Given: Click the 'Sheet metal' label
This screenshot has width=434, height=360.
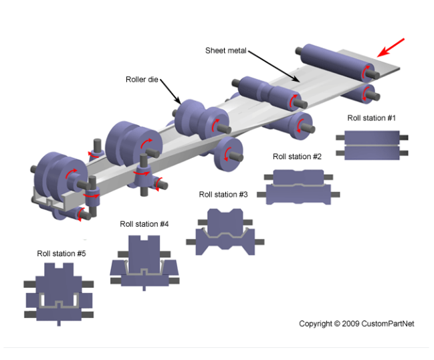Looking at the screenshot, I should tap(227, 51).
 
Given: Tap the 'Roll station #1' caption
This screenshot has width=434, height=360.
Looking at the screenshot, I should tap(371, 118).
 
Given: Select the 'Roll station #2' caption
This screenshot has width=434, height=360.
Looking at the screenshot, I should tap(297, 157).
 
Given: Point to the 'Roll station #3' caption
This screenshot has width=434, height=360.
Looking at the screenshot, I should tap(223, 194).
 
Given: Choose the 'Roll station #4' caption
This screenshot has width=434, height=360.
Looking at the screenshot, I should tap(144, 224).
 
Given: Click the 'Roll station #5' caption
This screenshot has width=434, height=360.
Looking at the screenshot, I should tap(61, 254).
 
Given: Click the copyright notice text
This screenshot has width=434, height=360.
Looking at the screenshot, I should tap(356, 324).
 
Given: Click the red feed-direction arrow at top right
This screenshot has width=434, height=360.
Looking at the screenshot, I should tap(391, 48).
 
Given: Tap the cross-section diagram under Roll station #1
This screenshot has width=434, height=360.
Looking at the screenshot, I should tap(371, 145).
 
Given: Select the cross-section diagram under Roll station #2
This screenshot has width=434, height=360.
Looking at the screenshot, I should tap(298, 186).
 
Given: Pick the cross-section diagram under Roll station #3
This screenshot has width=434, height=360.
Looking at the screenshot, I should tap(225, 232).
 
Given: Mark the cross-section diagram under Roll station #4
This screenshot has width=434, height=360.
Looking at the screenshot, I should tap(144, 264).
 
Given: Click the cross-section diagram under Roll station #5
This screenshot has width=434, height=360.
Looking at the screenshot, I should tap(59, 294).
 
